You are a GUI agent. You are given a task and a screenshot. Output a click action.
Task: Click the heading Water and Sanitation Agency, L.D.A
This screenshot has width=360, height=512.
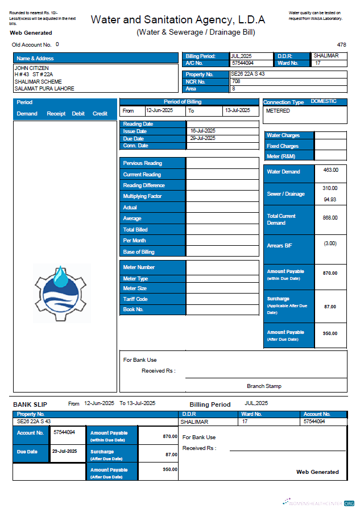(177, 20)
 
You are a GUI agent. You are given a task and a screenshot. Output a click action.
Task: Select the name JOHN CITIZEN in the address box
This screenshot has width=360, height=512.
(32, 68)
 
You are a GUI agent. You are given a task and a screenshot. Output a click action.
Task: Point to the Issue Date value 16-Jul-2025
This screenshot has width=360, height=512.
(202, 131)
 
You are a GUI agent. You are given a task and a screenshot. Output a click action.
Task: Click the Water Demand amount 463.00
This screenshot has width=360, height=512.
(330, 170)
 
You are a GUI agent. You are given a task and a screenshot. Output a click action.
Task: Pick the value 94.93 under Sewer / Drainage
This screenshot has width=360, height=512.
(330, 200)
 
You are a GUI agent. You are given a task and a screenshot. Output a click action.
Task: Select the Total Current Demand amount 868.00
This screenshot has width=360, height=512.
(330, 218)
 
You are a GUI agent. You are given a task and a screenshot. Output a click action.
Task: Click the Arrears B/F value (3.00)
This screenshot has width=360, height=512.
(330, 243)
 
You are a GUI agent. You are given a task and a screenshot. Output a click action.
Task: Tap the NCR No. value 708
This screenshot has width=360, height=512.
(236, 81)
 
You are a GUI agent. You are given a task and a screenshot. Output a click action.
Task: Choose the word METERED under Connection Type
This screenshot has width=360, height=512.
(278, 111)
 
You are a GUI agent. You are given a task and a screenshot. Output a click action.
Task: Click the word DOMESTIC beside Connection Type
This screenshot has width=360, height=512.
(324, 101)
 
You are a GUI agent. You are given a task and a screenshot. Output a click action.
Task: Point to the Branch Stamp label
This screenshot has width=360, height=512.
(264, 386)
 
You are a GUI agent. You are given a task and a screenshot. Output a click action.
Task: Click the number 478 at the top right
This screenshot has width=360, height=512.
(341, 44)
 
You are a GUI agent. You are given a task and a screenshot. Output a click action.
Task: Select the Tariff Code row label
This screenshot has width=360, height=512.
(135, 299)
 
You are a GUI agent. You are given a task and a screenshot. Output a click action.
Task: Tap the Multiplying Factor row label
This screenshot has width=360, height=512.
(142, 196)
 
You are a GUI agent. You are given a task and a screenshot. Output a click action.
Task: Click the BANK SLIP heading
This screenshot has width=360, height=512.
(30, 404)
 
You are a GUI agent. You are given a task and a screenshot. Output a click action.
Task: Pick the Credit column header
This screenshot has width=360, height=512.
(100, 114)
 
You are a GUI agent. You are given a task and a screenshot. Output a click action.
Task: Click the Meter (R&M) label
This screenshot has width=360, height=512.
(281, 156)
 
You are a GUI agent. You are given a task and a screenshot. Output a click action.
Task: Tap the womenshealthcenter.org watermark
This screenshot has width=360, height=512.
(318, 503)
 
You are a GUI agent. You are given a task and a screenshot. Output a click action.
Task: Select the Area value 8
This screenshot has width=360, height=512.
(234, 89)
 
